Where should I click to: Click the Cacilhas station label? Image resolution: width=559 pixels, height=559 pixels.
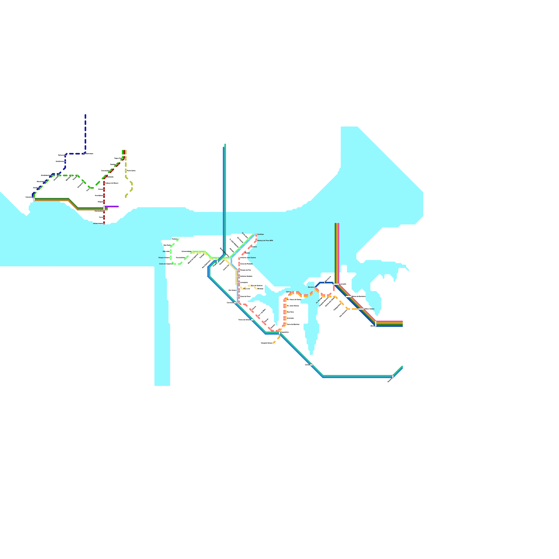coord(261,234)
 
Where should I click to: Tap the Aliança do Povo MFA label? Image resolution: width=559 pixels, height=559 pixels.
coord(265,241)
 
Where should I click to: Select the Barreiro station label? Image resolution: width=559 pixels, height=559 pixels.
coord(311,287)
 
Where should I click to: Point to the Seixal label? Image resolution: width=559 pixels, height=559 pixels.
coord(288,292)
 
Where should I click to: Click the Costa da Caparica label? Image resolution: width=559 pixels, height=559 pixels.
coord(166,264)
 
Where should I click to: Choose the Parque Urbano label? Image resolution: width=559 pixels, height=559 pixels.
coord(164,257)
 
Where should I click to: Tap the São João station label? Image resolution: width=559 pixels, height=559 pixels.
coord(166,251)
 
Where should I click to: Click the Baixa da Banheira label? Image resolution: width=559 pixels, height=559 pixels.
coord(359,296)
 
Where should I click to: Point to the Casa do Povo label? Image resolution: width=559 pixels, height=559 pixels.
coord(245,296)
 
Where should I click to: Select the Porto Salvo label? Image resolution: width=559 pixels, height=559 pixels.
coord(131,170)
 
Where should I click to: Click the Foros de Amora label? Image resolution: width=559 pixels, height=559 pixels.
coord(244,320)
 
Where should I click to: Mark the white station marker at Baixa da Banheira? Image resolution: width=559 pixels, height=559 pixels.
coord(349,297)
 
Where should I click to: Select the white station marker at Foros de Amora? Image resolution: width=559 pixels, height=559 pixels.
coord(252,320)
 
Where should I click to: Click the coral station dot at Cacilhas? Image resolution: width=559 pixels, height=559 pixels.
coord(256,235)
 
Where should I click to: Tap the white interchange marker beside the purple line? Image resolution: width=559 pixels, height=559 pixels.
coord(104,208)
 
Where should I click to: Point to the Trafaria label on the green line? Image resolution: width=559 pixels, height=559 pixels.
coord(175,239)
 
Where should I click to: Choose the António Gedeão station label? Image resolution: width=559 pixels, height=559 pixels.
coord(246,276)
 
